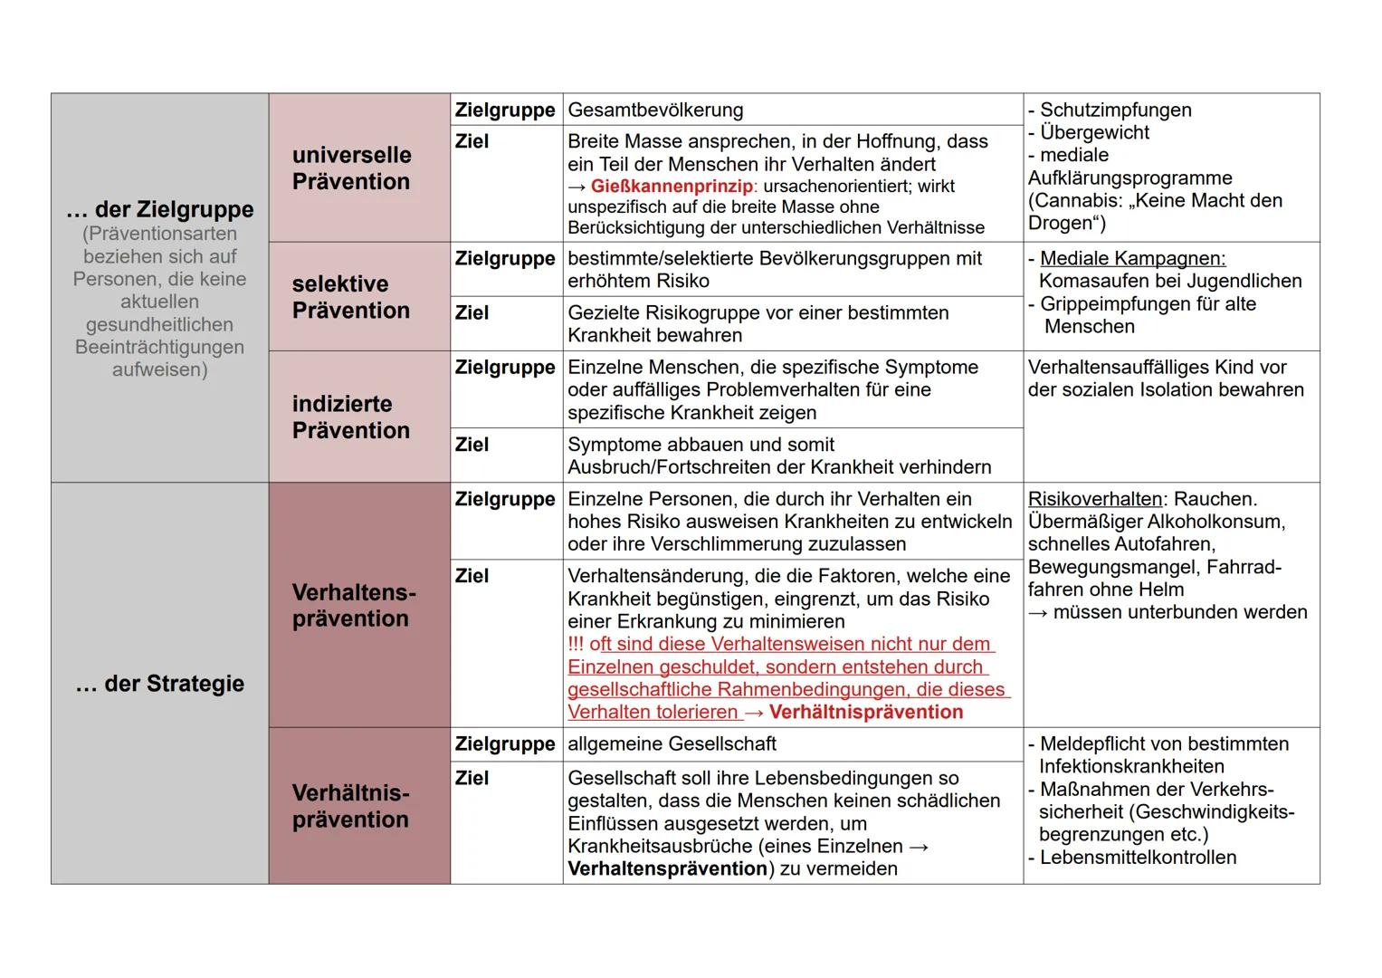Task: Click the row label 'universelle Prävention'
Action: pyautogui.click(x=351, y=168)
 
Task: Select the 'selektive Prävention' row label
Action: pyautogui.click(x=350, y=297)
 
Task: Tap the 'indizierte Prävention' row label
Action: pyautogui.click(x=350, y=417)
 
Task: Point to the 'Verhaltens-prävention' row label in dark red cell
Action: pyautogui.click(x=354, y=605)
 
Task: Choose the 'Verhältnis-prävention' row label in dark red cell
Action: pyautogui.click(x=350, y=806)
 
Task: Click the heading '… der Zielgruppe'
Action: pyautogui.click(x=160, y=209)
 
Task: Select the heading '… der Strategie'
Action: pyautogui.click(x=160, y=684)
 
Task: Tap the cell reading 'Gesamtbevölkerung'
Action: pyautogui.click(x=655, y=110)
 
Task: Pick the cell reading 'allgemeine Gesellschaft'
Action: pyautogui.click(x=672, y=744)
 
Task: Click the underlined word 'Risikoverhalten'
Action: pyautogui.click(x=1095, y=500)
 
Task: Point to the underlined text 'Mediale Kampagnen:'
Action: pyautogui.click(x=1132, y=259)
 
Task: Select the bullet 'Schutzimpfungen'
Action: pyautogui.click(x=1115, y=110)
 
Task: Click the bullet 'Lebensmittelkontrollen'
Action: pyautogui.click(x=1138, y=858)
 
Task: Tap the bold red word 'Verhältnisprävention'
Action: pyautogui.click(x=866, y=713)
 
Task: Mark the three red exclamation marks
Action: pyautogui.click(x=576, y=645)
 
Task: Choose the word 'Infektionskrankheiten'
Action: pyautogui.click(x=1131, y=767)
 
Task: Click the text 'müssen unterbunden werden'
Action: pyautogui.click(x=1180, y=613)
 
